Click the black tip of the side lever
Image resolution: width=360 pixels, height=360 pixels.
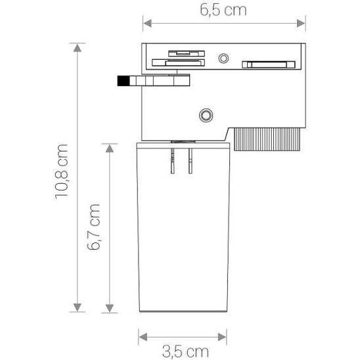click(x=122, y=82)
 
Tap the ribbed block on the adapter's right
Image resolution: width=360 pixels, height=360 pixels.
click(x=266, y=139)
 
